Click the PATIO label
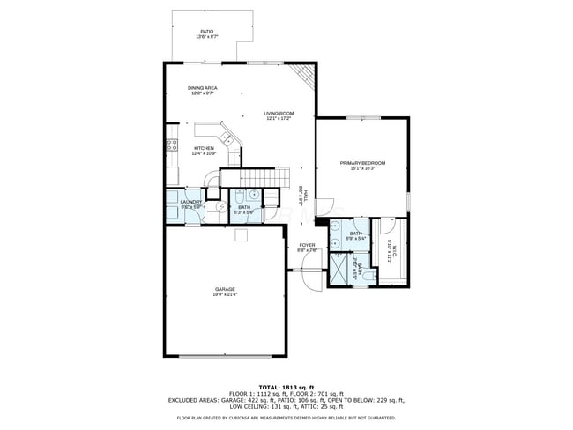pyautogui.click(x=206, y=32)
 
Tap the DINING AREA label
pyautogui.click(x=203, y=88)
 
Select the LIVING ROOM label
pyautogui.click(x=279, y=114)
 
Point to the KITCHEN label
pyautogui.click(x=204, y=148)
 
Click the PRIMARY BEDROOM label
pyautogui.click(x=363, y=163)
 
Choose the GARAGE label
pyautogui.click(x=224, y=289)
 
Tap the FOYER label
pyautogui.click(x=307, y=245)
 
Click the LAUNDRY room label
pyautogui.click(x=191, y=202)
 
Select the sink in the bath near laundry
pyautogui.click(x=253, y=196)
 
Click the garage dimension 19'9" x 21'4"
pyautogui.click(x=224, y=294)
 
